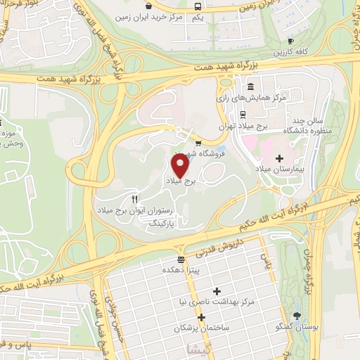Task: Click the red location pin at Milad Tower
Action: click(180, 165)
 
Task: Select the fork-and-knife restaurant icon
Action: click(134, 199)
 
